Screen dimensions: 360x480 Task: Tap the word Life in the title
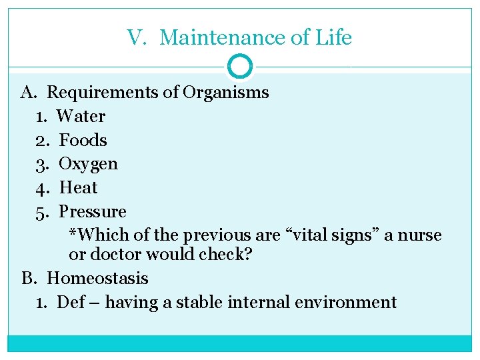coord(333,38)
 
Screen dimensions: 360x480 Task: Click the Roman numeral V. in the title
coord(137,38)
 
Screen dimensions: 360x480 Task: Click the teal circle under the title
coord(240,67)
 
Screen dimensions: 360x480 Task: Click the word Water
coord(81,116)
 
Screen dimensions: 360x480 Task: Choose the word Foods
coord(83,140)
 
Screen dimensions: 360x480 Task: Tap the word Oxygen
coord(89,164)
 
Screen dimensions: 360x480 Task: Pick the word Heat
coord(79,188)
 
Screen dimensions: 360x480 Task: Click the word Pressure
coord(93,212)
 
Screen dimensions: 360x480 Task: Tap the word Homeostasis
coord(97,278)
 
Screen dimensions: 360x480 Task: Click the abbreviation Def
coord(71,302)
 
